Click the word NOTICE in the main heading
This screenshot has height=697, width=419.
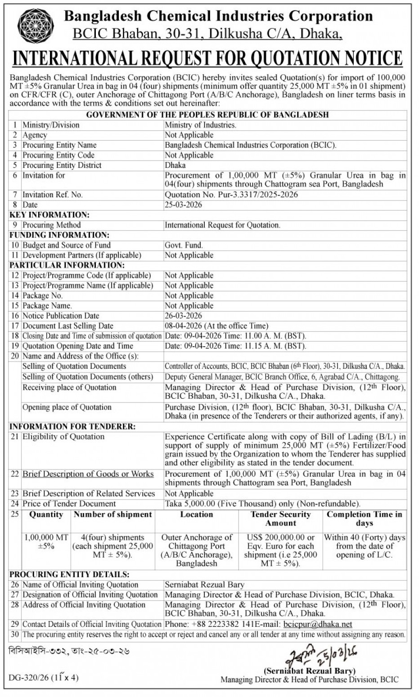pos(365,58)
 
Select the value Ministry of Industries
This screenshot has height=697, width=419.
pos(200,125)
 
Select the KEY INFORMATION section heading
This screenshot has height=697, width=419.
pos(50,215)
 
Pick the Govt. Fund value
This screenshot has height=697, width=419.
pos(184,245)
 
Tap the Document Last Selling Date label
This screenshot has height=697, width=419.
pos(68,326)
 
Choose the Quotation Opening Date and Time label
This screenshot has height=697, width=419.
pos(78,346)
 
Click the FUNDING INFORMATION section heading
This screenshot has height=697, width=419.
pos(59,235)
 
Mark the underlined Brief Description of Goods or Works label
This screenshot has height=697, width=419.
pos(88,474)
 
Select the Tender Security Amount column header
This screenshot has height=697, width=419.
pos(280,518)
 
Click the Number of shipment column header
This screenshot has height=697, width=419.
pos(113,514)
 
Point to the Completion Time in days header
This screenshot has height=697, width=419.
pos(364,518)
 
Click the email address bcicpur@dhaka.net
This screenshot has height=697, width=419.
pos(318,624)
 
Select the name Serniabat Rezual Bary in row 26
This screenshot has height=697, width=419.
pos(204,585)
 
